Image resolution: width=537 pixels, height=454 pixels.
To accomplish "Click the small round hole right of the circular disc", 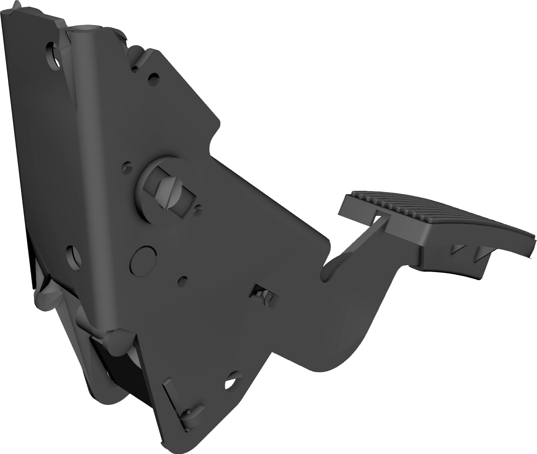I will (x=183, y=280).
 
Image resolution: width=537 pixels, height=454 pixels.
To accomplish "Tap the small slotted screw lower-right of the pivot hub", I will (x=198, y=208).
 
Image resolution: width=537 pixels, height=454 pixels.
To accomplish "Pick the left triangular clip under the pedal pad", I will (x=458, y=249).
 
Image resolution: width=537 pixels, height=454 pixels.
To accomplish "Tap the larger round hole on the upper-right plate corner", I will (x=153, y=79).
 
